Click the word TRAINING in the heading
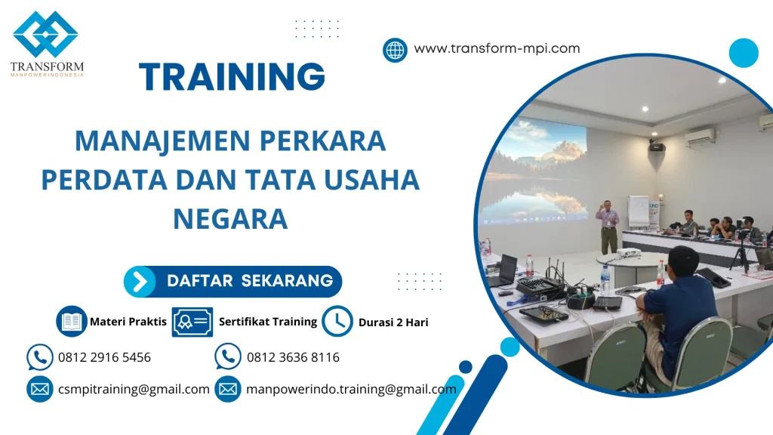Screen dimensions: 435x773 coord(233,77)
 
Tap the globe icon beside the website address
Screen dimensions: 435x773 coord(395,50)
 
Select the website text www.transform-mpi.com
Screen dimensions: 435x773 coord(497,48)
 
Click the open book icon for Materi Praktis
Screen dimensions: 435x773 coord(72,322)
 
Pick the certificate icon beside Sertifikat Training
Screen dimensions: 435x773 coord(192,322)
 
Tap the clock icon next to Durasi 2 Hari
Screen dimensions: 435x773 coord(337,321)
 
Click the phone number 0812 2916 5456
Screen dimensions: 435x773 coord(104,357)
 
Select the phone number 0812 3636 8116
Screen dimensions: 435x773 coord(293,357)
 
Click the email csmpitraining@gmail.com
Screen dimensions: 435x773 coord(134,389)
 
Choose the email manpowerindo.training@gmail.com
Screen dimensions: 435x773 coord(351,389)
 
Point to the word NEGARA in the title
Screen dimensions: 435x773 coord(230,219)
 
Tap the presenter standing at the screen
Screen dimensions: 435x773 coord(608,225)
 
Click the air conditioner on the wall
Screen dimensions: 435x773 coord(700,137)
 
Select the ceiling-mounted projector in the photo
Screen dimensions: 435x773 coord(657,145)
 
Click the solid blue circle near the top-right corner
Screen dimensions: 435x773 coord(744,54)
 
